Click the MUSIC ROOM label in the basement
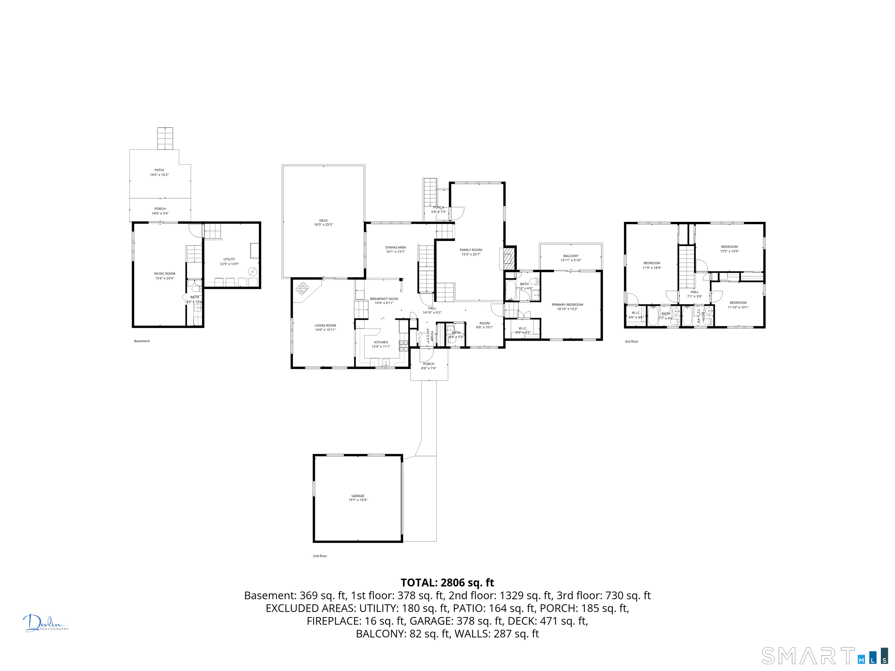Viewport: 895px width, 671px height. point(164,274)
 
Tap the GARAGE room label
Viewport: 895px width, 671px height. point(358,496)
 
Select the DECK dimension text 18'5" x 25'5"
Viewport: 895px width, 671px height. point(323,225)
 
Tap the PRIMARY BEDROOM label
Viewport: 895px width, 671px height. point(567,305)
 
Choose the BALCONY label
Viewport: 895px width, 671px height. point(571,256)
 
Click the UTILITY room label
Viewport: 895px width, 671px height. point(229,259)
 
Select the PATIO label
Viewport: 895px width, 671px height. point(159,170)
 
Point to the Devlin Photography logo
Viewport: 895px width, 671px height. point(45,623)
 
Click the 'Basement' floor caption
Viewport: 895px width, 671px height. point(142,341)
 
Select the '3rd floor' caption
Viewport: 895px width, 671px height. point(631,342)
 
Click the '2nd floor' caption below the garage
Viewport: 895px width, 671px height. point(320,556)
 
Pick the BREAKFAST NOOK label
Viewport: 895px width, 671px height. point(384,299)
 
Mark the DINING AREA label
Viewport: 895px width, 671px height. point(395,248)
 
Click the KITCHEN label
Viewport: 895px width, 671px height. point(381,342)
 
